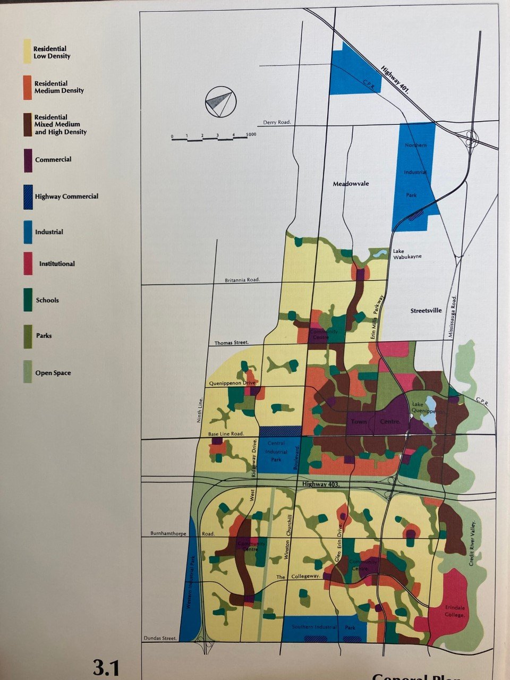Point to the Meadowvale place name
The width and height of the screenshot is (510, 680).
[x=351, y=184]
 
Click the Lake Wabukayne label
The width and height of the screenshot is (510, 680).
[x=407, y=253]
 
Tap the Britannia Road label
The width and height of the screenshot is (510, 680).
[x=242, y=280]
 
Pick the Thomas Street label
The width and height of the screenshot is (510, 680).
[x=232, y=343]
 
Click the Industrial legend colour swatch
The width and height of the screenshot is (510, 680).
[x=28, y=232]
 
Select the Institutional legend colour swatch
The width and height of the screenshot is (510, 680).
[x=28, y=264]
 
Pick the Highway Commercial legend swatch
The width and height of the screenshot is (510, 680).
[x=28, y=197]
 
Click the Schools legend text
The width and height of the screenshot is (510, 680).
[x=47, y=300]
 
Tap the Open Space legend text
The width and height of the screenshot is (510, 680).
[x=53, y=373]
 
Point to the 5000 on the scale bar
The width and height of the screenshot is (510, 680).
[x=251, y=134]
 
